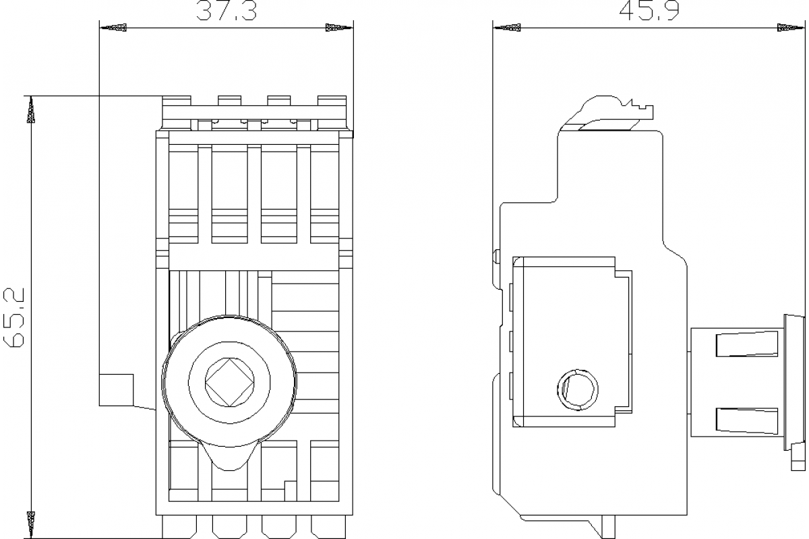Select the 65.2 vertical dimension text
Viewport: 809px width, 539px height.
pyautogui.click(x=14, y=317)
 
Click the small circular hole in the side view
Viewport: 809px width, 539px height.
pyautogui.click(x=578, y=389)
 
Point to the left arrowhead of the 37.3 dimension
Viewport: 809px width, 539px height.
pyautogui.click(x=113, y=28)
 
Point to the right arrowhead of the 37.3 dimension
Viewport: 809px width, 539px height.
pyautogui.click(x=338, y=28)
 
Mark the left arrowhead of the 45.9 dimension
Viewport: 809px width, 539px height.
pyautogui.click(x=508, y=28)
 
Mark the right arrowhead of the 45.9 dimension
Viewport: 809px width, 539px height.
pyautogui.click(x=790, y=28)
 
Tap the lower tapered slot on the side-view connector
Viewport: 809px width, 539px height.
pyautogui.click(x=746, y=420)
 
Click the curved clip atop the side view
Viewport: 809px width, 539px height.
pyautogui.click(x=607, y=109)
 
